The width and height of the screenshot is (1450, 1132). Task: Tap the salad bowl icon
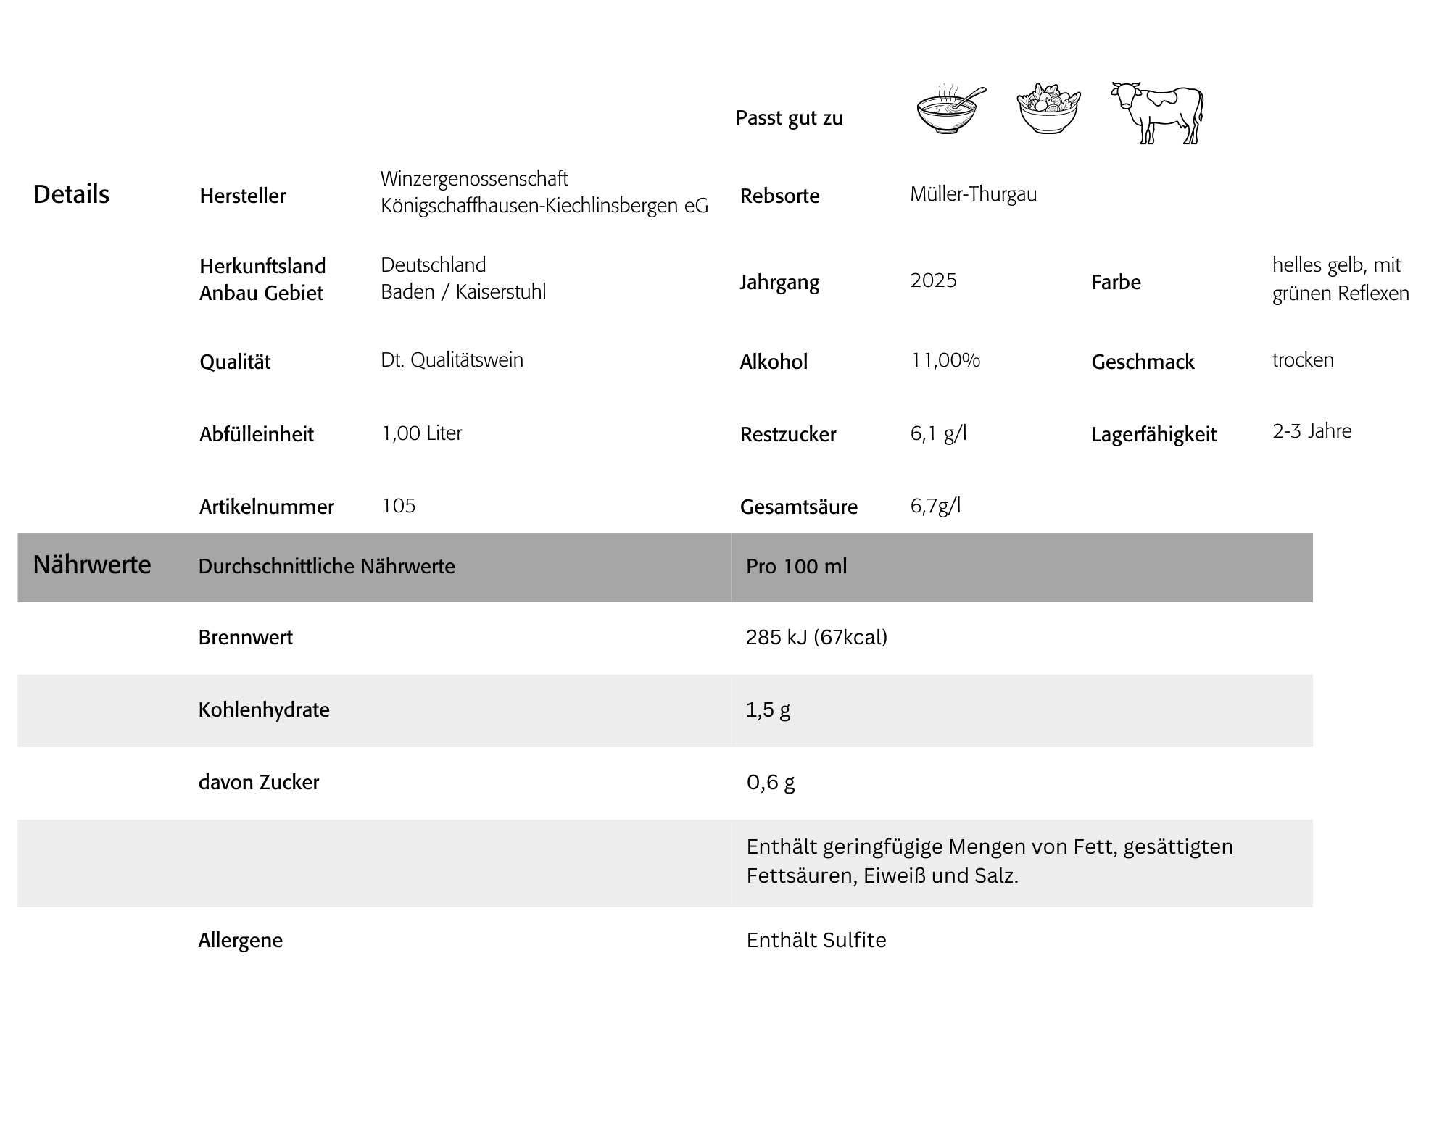[1048, 109]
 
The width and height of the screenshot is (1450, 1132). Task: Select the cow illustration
[1157, 113]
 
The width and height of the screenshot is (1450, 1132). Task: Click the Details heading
[71, 194]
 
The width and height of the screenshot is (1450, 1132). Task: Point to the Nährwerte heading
[92, 565]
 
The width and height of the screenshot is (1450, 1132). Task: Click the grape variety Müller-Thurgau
[973, 194]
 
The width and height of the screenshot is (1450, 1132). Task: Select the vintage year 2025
[933, 280]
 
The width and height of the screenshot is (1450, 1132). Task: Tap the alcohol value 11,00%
[945, 360]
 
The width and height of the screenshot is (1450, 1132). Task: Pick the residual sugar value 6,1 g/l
[938, 433]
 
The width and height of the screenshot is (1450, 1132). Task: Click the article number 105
[399, 506]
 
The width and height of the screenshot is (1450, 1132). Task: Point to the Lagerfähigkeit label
[1153, 434]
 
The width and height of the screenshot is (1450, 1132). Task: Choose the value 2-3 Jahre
[1312, 431]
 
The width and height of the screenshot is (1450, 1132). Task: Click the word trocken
[1303, 360]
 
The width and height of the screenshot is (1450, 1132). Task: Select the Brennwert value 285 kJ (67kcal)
[816, 637]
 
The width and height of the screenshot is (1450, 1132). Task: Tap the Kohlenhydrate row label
[264, 709]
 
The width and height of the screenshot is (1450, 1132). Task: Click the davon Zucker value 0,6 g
[771, 782]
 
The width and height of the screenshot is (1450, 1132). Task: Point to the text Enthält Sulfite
[816, 940]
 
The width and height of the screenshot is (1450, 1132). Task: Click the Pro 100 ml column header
[796, 566]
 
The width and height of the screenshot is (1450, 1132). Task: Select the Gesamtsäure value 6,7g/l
[935, 506]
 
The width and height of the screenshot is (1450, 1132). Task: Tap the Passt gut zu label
[789, 118]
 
